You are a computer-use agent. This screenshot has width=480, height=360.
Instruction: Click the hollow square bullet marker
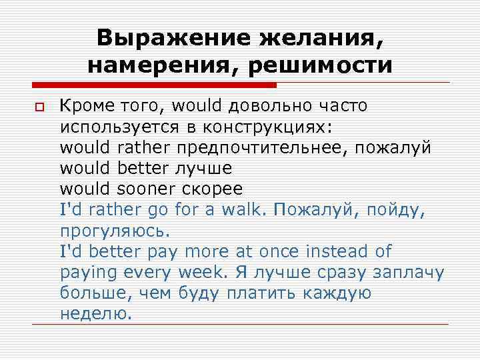(x=38, y=108)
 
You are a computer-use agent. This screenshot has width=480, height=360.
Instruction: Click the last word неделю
(x=96, y=314)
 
